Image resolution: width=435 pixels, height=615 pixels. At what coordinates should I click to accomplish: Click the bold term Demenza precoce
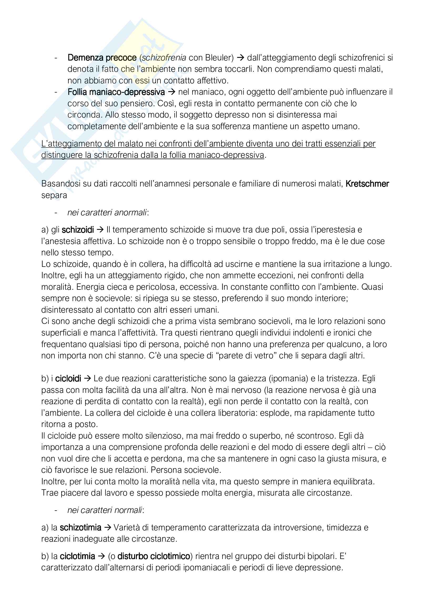click(102, 58)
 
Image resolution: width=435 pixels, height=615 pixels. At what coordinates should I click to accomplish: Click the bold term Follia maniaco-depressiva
click(116, 92)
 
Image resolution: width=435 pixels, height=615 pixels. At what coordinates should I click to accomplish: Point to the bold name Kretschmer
click(367, 184)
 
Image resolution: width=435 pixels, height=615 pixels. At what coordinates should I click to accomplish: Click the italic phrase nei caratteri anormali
click(107, 212)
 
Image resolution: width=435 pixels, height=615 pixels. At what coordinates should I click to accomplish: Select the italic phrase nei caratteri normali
click(105, 510)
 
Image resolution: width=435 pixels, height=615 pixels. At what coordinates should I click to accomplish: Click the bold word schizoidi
click(78, 230)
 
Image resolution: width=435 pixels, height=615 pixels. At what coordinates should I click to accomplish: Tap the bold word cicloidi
click(68, 378)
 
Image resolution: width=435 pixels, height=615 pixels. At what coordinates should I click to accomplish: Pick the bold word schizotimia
click(81, 528)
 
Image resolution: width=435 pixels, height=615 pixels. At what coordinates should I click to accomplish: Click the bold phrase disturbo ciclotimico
click(154, 556)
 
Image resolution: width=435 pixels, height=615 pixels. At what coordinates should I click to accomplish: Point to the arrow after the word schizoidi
click(100, 230)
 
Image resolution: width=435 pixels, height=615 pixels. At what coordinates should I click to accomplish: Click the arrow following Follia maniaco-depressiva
click(171, 92)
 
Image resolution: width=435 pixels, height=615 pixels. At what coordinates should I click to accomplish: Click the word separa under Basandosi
click(54, 195)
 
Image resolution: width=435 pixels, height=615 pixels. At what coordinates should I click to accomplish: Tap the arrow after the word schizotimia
click(107, 528)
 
